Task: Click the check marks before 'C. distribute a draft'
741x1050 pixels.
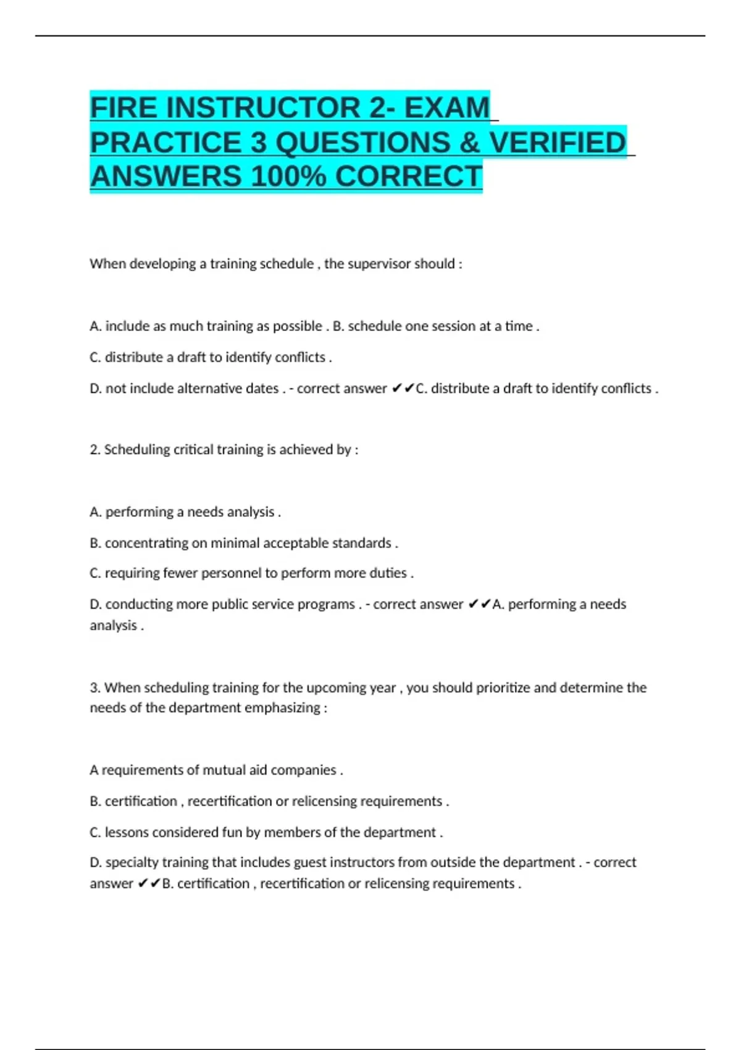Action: (403, 388)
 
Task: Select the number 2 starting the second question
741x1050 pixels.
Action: (94, 450)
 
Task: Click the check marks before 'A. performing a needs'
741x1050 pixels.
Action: (479, 604)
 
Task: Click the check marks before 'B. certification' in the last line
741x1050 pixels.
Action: (148, 884)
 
